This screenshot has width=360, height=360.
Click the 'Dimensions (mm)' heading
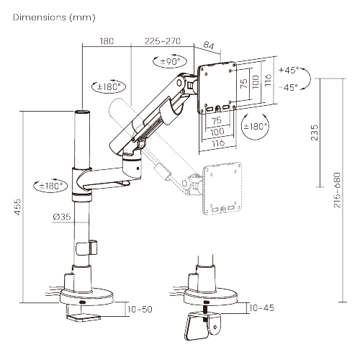[x=54, y=17]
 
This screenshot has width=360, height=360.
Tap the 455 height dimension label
[x=17, y=207]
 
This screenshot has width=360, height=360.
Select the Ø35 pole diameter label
[x=62, y=217]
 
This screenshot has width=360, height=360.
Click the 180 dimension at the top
[x=107, y=41]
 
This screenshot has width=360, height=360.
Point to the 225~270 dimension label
[x=163, y=41]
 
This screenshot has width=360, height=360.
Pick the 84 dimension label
[x=208, y=45]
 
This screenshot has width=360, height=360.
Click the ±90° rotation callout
[x=170, y=61]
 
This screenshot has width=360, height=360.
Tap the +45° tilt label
[x=289, y=70]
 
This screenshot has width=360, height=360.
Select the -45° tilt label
[x=289, y=87]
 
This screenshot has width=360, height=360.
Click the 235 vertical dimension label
[x=314, y=132]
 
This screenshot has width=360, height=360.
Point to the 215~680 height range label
[x=337, y=190]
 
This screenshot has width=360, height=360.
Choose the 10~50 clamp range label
[x=140, y=309]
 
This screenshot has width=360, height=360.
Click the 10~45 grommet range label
[x=261, y=308]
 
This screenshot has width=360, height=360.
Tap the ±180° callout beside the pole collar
[x=50, y=186]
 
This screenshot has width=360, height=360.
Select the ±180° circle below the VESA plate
[x=255, y=126]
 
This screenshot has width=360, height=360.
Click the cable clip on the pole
[x=86, y=248]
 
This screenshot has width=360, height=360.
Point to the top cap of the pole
[x=82, y=112]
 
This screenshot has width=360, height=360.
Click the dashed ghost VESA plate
[x=222, y=189]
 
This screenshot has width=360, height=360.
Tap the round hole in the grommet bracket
[x=215, y=327]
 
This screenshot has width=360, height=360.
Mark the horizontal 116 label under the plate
[x=218, y=143]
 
